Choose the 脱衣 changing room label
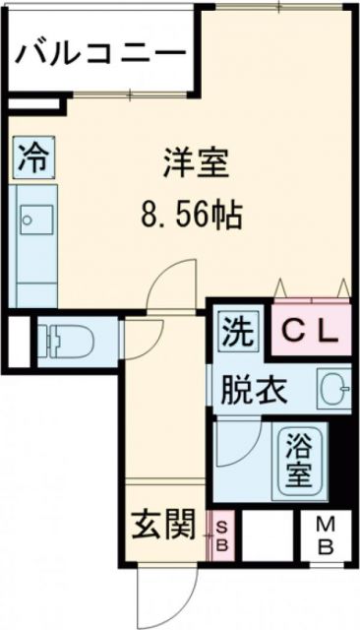click(255, 391)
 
